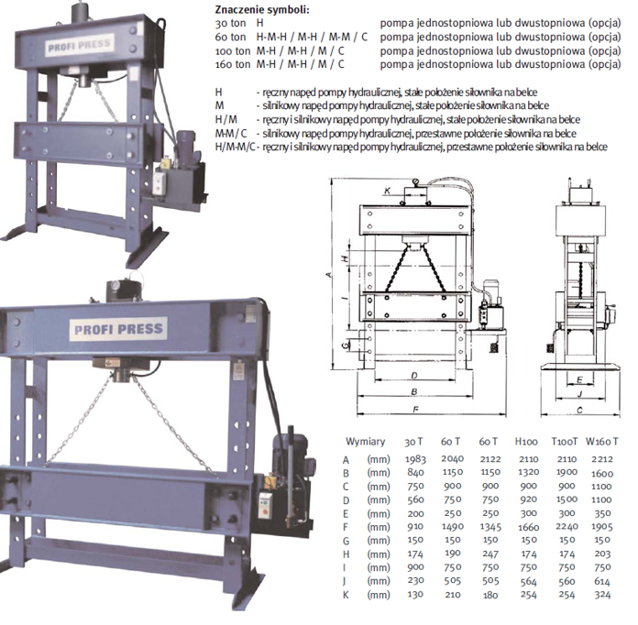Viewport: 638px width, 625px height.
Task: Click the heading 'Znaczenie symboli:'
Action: (x=262, y=9)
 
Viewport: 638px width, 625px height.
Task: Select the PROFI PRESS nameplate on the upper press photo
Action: (x=79, y=44)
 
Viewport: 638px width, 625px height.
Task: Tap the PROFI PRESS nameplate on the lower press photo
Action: (x=118, y=329)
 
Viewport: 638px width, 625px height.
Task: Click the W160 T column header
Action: (x=601, y=442)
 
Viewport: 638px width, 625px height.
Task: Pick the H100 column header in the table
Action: (x=526, y=442)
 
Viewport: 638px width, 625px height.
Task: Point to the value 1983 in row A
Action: (x=415, y=459)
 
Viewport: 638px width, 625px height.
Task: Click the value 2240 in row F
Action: (x=566, y=527)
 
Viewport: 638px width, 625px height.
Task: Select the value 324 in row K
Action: (x=602, y=595)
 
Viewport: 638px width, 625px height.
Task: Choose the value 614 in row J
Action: (x=602, y=581)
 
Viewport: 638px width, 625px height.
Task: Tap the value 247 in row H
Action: (x=490, y=554)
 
